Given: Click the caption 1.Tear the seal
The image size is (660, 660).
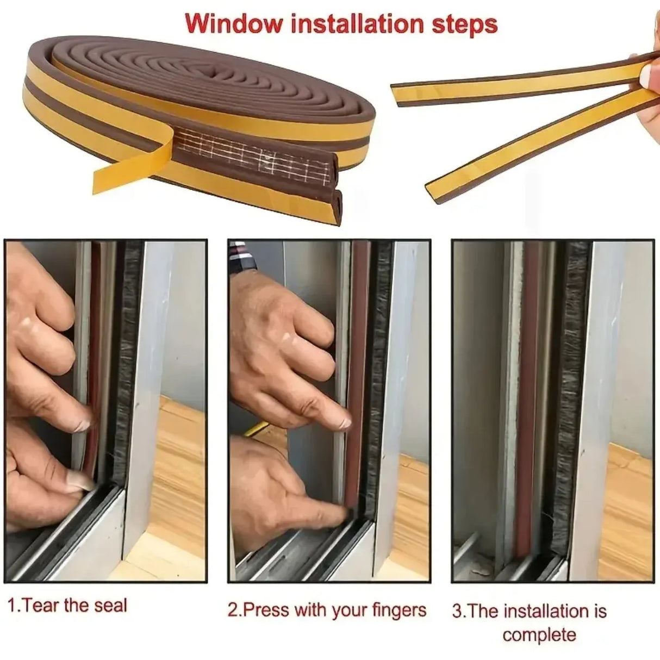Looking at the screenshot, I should [67, 606].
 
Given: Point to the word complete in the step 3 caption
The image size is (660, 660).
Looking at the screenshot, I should [539, 634].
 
